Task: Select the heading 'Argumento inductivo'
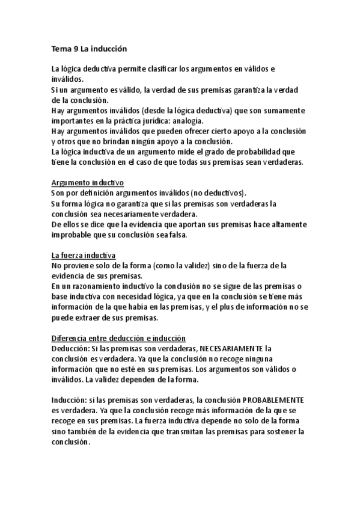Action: pos(88,182)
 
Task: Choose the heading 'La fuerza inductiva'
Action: pos(84,255)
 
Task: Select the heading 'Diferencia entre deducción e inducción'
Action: pos(118,338)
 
